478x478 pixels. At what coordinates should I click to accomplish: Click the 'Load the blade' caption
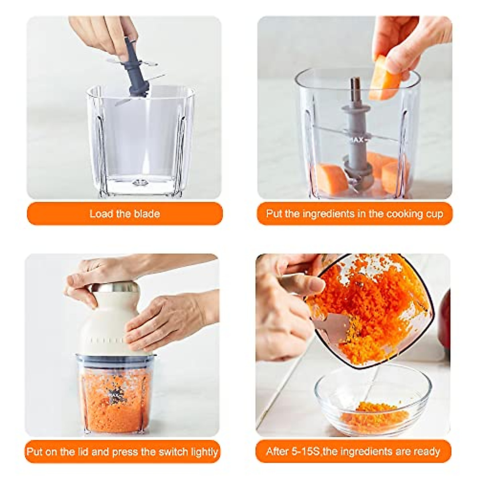click(x=124, y=214)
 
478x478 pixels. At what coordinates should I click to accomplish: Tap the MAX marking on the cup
click(x=357, y=140)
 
